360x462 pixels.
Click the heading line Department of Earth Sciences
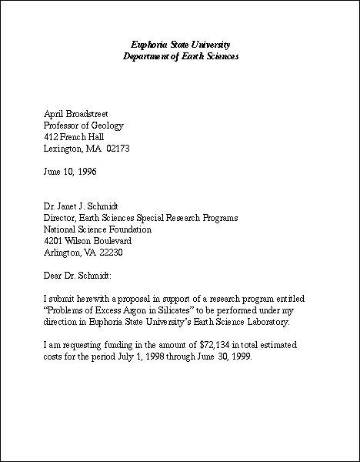click(x=181, y=57)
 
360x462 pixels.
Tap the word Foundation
click(x=130, y=229)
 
